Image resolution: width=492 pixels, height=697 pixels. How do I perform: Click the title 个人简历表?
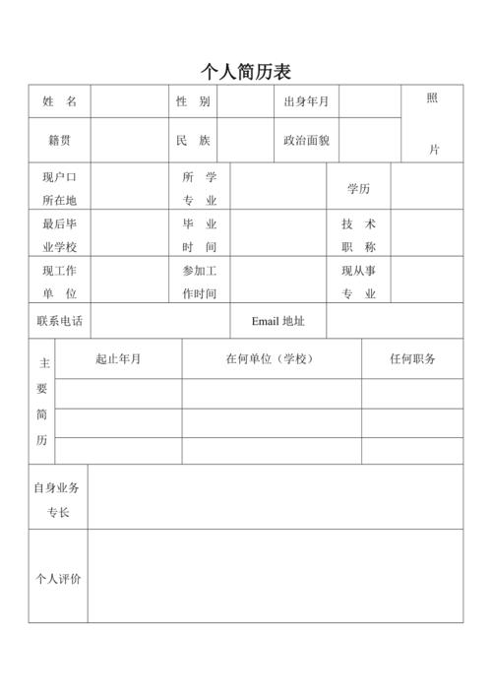[246, 72]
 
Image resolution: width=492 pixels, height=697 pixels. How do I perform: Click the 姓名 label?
[59, 102]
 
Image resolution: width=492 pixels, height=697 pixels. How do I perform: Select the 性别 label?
[193, 102]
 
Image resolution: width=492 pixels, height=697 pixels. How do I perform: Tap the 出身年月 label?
[306, 102]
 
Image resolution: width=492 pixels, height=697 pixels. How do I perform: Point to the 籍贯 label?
[59, 141]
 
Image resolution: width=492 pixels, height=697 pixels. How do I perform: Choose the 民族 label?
[193, 141]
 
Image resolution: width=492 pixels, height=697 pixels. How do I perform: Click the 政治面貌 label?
[306, 141]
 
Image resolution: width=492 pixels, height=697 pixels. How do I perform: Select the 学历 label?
[358, 188]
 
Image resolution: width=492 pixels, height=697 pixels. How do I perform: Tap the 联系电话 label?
[59, 321]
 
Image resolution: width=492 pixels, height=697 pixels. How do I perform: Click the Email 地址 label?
[277, 321]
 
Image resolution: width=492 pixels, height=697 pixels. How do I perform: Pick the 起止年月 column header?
[118, 359]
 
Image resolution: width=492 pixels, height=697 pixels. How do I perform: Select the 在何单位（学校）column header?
[271, 359]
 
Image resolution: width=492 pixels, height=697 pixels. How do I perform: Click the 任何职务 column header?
[412, 359]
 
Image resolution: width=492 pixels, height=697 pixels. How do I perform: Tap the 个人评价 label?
[58, 578]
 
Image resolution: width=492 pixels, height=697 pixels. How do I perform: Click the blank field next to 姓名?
[130, 102]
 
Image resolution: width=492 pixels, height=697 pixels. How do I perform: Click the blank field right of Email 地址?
[395, 321]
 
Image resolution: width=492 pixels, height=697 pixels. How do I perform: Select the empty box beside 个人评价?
[275, 578]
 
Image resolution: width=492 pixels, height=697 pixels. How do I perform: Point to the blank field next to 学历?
[427, 188]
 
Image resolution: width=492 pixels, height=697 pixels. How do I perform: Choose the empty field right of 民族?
[245, 141]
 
